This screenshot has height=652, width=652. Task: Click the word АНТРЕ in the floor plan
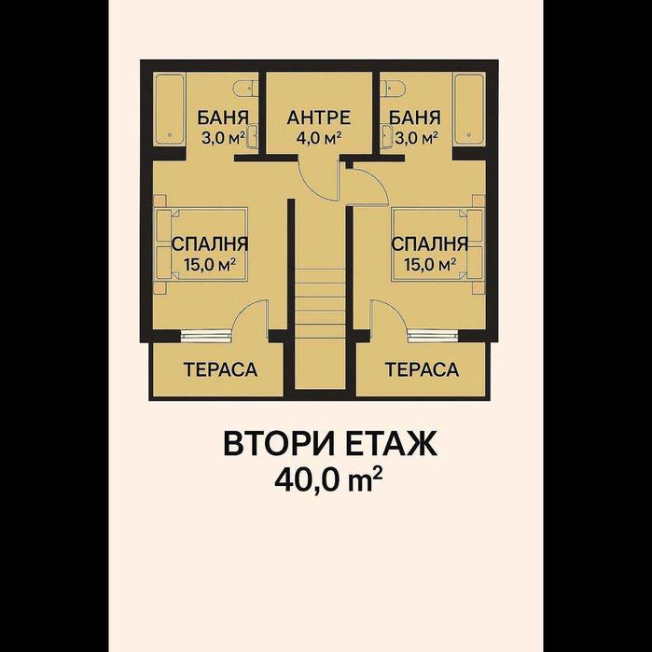coord(318,118)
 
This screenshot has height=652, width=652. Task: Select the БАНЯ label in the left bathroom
coord(222,118)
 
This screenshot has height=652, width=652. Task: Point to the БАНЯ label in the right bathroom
coord(415,118)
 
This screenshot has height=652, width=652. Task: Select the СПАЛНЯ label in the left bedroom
coord(210,244)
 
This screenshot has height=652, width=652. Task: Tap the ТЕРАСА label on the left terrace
coord(220,370)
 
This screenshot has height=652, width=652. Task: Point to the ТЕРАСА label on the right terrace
coord(422,370)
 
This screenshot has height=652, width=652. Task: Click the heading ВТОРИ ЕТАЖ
coord(329,444)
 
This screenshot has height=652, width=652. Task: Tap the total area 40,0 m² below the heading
coord(329,479)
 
